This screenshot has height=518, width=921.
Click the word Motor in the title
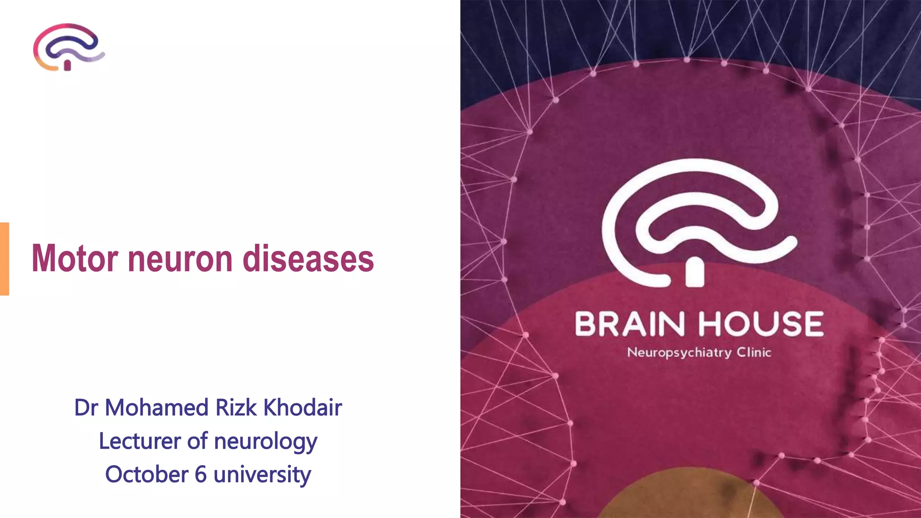pos(75,259)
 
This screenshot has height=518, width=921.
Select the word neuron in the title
pos(180,259)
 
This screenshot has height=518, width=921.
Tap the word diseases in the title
pos(308,259)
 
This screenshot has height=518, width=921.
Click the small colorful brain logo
pos(68,47)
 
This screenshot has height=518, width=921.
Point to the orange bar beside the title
pos(4,259)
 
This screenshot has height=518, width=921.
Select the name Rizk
pos(236,407)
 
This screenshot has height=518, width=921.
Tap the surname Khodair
pos(303,407)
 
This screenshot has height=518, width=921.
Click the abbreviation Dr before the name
pos(86,407)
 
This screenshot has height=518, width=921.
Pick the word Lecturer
pos(140,441)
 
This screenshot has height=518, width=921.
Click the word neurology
pos(266,442)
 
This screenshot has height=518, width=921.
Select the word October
pos(147,474)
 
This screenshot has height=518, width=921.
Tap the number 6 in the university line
pos(201,474)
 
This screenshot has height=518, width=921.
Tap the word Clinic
pos(754,352)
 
